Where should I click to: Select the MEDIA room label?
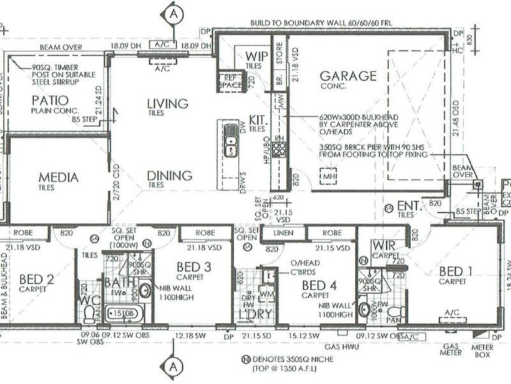[58, 177]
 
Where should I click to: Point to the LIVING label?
[167, 104]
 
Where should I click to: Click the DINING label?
[169, 175]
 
